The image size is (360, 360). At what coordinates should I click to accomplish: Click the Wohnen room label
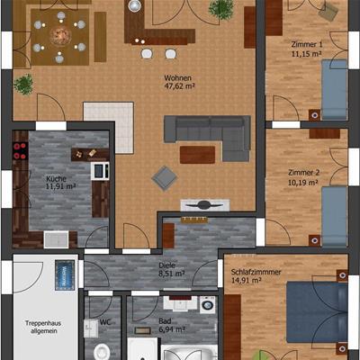[177, 78]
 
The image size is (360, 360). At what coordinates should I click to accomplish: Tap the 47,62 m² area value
[179, 86]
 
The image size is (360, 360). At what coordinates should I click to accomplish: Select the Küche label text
[56, 179]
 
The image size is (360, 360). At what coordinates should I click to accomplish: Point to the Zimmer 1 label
[307, 45]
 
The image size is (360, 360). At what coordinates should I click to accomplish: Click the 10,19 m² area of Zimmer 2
[303, 183]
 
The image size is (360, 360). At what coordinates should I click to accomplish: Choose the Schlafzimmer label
[256, 272]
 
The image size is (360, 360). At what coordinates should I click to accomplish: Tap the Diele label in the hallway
[167, 265]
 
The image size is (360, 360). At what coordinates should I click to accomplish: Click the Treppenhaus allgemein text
[43, 327]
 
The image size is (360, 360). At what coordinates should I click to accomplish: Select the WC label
[105, 322]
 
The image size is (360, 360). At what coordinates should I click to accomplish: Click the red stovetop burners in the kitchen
[21, 150]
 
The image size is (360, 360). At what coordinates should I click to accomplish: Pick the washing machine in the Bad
[208, 305]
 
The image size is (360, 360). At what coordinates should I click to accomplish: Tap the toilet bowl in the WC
[102, 352]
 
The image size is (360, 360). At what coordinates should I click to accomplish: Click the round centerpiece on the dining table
[60, 36]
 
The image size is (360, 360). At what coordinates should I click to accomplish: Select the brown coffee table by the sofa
[197, 155]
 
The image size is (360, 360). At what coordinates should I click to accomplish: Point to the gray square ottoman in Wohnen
[165, 178]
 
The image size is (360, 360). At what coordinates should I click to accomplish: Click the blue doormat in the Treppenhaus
[65, 275]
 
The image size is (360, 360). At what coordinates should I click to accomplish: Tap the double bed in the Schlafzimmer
[317, 312]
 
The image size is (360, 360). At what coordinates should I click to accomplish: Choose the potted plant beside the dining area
[23, 85]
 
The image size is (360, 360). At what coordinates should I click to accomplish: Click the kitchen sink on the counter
[56, 239]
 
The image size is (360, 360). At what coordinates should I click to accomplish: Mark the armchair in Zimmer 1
[328, 12]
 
